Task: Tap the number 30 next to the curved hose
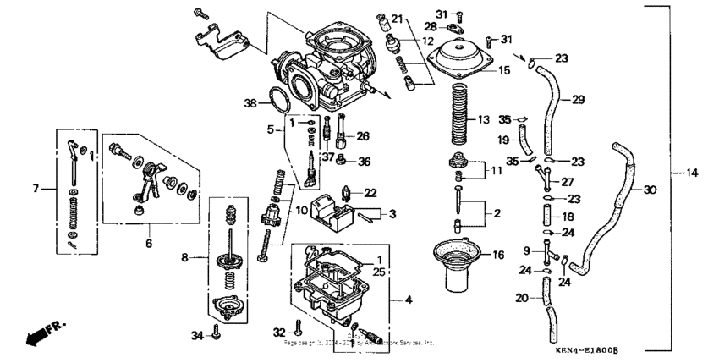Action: pyautogui.click(x=650, y=190)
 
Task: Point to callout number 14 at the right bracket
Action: pyautogui.click(x=693, y=173)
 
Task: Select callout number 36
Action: pyautogui.click(x=365, y=161)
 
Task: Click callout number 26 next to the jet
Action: pyautogui.click(x=363, y=135)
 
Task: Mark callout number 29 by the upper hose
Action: pyautogui.click(x=579, y=100)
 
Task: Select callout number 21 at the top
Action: pyautogui.click(x=398, y=19)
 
